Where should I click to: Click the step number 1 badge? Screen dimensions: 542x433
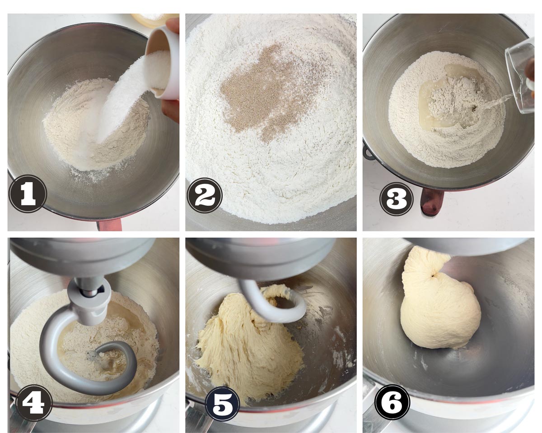28,194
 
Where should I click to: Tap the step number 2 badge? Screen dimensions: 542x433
205,195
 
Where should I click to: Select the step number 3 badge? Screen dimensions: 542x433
397,198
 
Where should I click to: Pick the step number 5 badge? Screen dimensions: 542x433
223,404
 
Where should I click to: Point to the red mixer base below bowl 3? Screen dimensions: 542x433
432,201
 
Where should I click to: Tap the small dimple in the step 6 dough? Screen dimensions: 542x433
433,276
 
